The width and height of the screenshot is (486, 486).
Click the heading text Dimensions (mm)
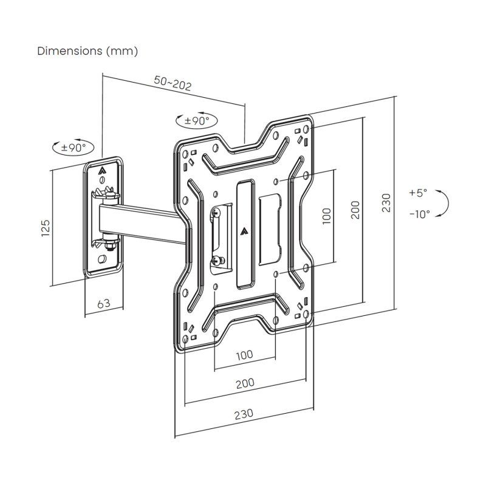point(87,51)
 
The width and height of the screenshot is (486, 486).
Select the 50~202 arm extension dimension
point(173,83)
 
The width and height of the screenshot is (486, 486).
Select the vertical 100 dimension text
point(326,216)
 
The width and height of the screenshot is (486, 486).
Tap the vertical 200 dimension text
point(356,210)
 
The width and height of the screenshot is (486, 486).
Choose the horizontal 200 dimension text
point(245,383)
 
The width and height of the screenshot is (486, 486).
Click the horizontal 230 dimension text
point(243,414)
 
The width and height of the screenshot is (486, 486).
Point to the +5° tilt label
point(418,193)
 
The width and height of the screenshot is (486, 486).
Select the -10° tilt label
point(419,214)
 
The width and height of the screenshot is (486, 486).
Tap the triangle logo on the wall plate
point(102,171)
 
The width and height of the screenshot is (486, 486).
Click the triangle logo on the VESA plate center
point(244,230)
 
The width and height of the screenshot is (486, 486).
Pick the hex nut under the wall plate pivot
point(109,246)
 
